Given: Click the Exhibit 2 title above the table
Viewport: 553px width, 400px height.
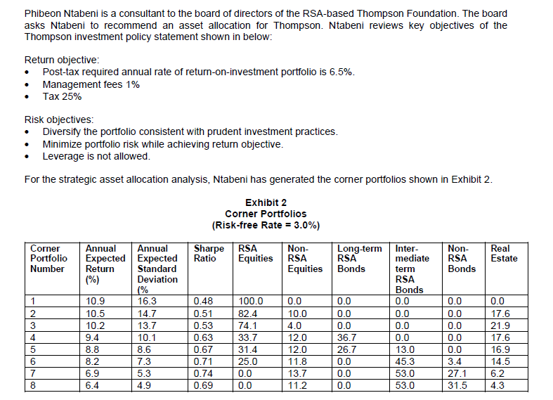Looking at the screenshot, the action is coord(266,203).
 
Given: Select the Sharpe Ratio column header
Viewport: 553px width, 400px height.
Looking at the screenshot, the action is coord(209,253).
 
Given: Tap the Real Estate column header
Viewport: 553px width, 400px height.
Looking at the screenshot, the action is coord(504,253).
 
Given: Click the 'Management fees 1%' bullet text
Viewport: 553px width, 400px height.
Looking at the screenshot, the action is coord(91,84).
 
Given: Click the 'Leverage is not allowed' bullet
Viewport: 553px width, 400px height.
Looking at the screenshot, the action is coord(96,155).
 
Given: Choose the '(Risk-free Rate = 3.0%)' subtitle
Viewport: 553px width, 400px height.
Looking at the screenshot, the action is coord(266,225).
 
